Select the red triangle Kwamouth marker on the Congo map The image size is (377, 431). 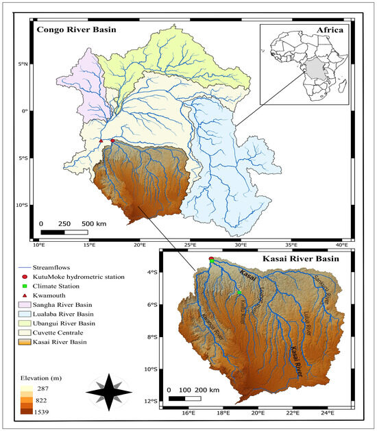coord(101,141)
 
